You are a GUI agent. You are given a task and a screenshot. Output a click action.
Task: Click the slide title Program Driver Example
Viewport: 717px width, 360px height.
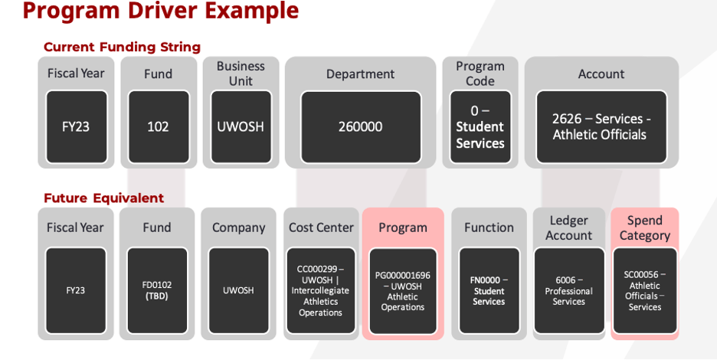point(160,11)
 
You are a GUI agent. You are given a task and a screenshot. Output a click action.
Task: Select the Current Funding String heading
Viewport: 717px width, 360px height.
point(122,47)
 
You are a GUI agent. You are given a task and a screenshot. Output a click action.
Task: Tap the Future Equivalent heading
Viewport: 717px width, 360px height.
point(103,198)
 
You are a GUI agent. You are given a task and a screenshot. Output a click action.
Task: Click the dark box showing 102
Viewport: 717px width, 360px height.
point(158,126)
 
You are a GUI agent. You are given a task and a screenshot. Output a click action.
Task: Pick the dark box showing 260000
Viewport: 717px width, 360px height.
point(360,126)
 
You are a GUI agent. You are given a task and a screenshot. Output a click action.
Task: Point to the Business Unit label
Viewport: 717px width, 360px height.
point(241,74)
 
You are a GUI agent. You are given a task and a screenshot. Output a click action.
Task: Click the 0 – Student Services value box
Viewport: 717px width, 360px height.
point(480,126)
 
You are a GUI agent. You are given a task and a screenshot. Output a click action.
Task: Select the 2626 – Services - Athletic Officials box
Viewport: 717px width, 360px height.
point(601,126)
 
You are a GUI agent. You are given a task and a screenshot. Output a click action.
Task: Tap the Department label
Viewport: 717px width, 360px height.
point(360,74)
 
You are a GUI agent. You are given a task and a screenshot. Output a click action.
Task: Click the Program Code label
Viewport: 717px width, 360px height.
point(480,74)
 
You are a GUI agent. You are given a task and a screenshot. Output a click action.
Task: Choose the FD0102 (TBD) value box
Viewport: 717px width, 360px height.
point(157,290)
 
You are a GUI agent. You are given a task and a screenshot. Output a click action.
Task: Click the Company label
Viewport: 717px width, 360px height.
point(238,227)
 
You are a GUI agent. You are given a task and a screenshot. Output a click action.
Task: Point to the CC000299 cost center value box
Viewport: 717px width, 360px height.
point(321,290)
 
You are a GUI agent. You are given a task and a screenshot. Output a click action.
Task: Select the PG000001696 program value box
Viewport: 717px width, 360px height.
point(403,290)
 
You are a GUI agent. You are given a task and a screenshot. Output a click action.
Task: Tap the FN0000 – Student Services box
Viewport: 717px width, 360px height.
point(489,290)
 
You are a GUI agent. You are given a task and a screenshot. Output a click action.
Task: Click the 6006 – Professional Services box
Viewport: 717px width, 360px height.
point(569,290)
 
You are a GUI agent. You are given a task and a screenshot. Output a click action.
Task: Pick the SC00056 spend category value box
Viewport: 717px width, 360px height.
point(645,290)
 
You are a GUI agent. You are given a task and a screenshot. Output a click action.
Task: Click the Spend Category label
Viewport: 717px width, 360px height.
point(644,227)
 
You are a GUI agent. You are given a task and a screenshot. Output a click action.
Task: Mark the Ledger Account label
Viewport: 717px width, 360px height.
point(569,227)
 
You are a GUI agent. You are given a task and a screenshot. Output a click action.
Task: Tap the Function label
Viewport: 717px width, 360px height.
point(489,227)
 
